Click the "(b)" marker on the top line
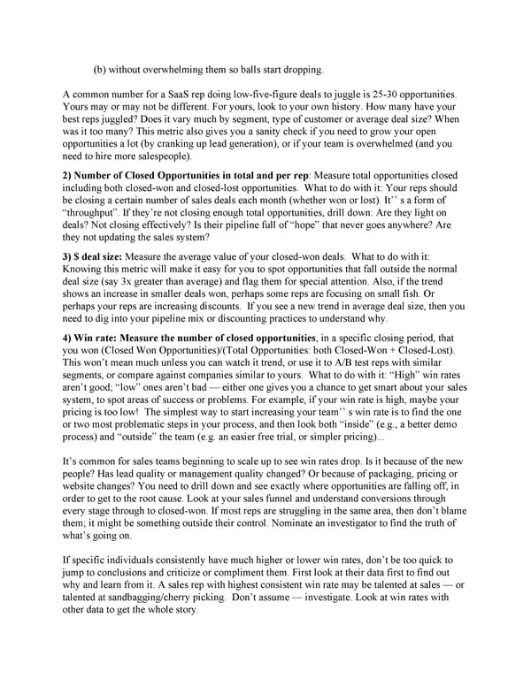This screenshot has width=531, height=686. (x=100, y=69)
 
